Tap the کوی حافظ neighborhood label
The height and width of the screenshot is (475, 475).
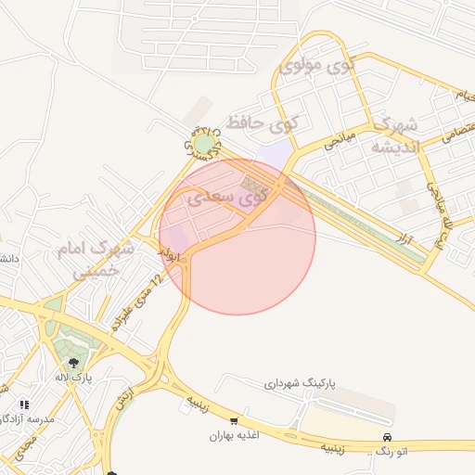pyautogui.click(x=265, y=122)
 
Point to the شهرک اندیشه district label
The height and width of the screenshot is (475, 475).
pyautogui.click(x=394, y=135)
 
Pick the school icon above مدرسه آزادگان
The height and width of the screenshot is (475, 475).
pyautogui.click(x=24, y=405)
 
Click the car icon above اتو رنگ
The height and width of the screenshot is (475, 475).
pyautogui.click(x=387, y=437)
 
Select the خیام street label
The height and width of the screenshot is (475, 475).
pyautogui.click(x=458, y=94)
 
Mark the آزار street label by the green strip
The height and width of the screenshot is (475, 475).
pyautogui.click(x=404, y=239)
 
